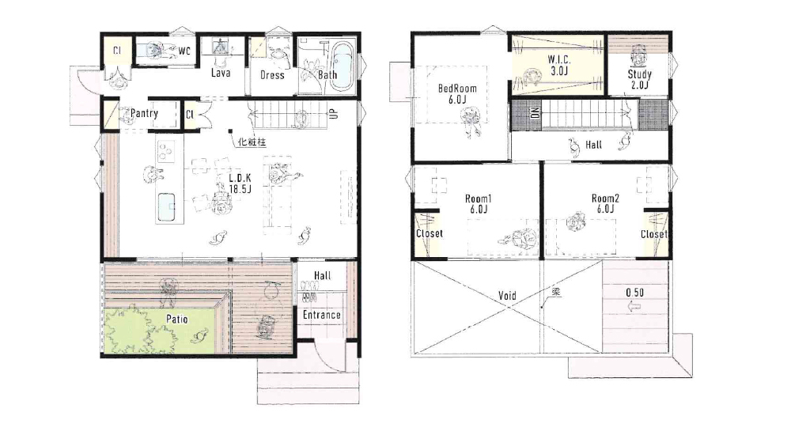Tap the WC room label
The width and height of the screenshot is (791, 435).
click(x=184, y=51)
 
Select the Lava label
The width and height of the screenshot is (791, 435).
click(x=221, y=73)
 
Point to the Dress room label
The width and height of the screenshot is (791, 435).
click(x=272, y=75)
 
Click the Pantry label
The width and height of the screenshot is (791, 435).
click(x=144, y=113)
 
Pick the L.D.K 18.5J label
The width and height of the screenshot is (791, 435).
click(x=240, y=183)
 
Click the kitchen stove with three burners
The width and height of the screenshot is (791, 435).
click(x=165, y=151)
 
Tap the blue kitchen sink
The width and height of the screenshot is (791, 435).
click(x=166, y=207)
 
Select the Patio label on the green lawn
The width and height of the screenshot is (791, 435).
click(x=177, y=319)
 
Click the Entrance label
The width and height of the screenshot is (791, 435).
click(x=322, y=315)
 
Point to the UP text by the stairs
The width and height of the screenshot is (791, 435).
click(x=334, y=114)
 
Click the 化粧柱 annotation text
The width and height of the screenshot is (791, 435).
click(x=252, y=142)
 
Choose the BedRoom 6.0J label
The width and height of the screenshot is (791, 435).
click(x=457, y=94)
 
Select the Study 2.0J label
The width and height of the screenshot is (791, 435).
click(x=640, y=79)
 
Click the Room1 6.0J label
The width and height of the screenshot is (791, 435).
click(x=479, y=204)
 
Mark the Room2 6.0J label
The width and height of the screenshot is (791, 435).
click(x=605, y=204)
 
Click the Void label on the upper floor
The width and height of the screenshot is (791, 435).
click(x=507, y=295)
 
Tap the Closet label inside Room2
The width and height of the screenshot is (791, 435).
click(x=654, y=234)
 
